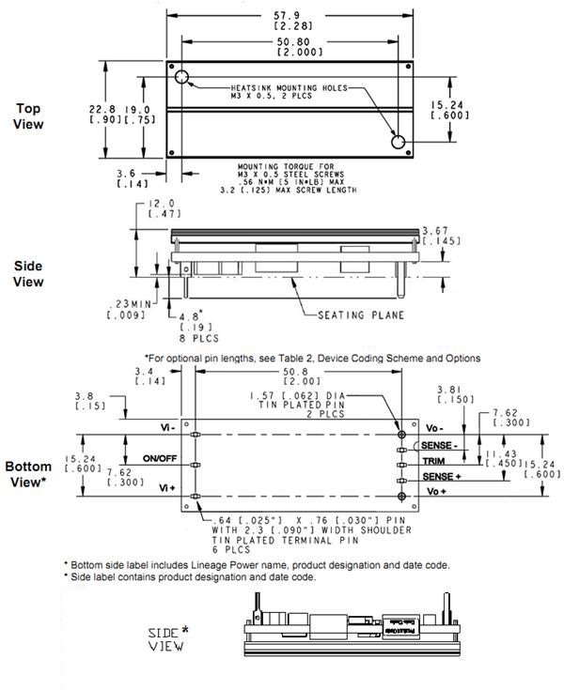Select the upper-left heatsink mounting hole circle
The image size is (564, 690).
point(180,76)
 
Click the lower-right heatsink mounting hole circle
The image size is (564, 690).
point(398,142)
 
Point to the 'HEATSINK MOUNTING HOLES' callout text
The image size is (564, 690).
point(287,88)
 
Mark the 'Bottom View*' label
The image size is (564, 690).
point(31,474)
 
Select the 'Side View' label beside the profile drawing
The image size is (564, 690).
point(29,273)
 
